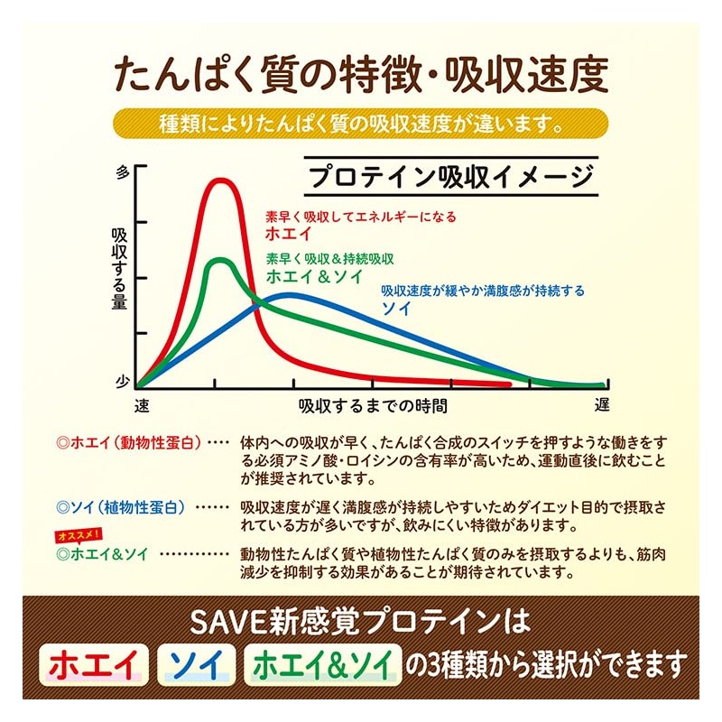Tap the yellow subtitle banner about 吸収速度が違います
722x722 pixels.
click(x=361, y=122)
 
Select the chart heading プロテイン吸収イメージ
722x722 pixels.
click(x=449, y=175)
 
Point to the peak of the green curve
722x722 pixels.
click(x=218, y=262)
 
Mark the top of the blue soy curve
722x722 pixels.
click(x=289, y=295)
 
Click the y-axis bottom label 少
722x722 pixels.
click(x=124, y=383)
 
